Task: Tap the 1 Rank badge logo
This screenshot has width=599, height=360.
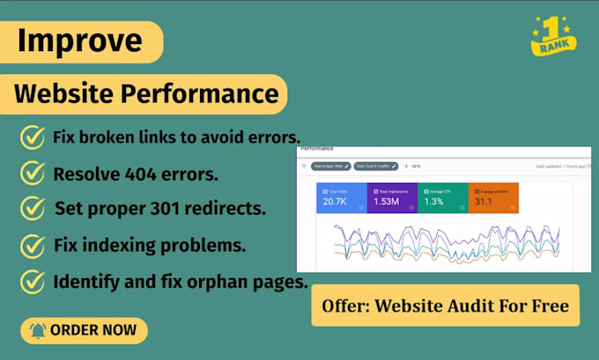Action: click(554, 36)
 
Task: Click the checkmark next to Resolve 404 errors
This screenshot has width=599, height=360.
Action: click(32, 173)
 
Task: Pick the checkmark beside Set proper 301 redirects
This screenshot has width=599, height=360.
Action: click(32, 208)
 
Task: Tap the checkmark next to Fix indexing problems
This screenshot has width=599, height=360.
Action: click(32, 244)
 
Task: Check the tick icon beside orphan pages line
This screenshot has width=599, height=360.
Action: click(32, 282)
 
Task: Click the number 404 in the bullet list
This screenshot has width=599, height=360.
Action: click(137, 173)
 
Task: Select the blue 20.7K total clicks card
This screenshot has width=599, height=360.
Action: click(341, 198)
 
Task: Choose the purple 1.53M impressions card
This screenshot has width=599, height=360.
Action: click(391, 198)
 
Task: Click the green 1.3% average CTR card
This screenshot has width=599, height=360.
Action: click(442, 198)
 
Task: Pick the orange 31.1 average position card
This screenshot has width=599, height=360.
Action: click(492, 198)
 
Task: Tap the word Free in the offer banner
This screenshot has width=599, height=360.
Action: click(548, 305)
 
